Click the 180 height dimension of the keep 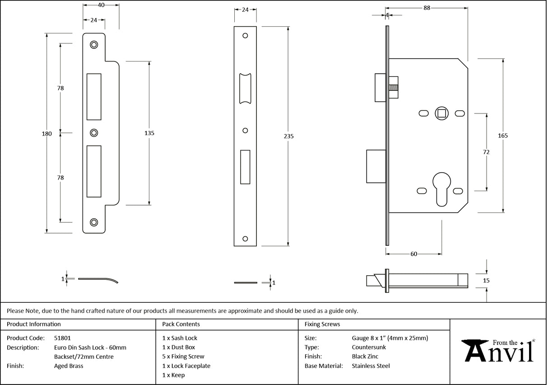[47, 134]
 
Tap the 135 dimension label [149, 133]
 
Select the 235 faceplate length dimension [288, 136]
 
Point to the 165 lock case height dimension [503, 136]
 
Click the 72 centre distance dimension [486, 152]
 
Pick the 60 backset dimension [413, 254]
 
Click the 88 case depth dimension [427, 8]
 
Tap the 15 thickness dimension [486, 281]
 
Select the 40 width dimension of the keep [101, 5]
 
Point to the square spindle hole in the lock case [441, 113]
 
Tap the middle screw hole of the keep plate [94, 133]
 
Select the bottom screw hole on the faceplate [245, 238]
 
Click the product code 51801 [62, 338]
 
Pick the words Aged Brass [68, 366]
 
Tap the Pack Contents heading [181, 324]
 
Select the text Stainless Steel [371, 366]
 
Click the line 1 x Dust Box [179, 347]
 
